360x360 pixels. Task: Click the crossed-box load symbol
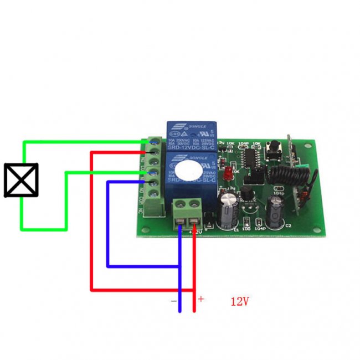21,179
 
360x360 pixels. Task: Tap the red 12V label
240,302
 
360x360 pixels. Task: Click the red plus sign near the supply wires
201,299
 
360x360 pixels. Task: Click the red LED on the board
227,174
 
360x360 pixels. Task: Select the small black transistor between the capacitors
245,193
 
